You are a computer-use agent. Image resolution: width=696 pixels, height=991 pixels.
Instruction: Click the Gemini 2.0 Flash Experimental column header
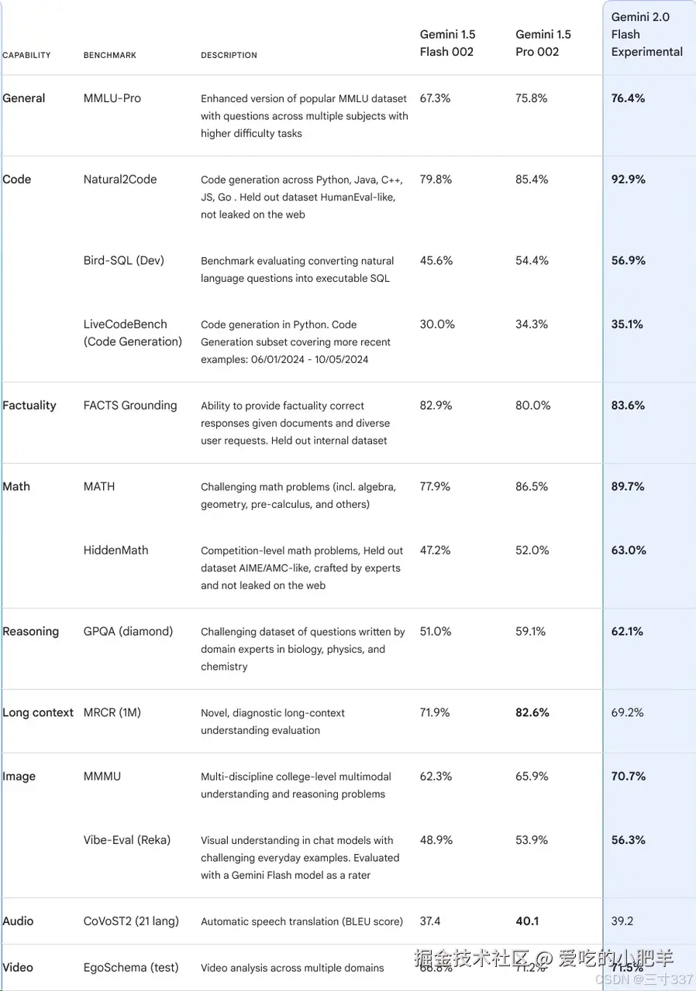click(646, 34)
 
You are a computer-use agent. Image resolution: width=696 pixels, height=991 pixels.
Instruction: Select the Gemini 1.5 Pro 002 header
click(543, 43)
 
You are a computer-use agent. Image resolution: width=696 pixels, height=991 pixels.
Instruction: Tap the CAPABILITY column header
click(26, 55)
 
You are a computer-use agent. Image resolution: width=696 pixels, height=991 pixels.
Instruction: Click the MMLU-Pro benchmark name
click(112, 98)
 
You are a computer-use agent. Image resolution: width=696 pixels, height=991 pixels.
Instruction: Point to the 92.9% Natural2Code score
click(628, 179)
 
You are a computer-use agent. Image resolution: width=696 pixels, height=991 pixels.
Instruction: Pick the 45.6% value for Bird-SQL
click(436, 260)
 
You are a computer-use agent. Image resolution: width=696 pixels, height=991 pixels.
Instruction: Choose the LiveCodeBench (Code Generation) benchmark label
click(133, 333)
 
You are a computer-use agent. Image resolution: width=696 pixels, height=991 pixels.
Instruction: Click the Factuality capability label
click(29, 405)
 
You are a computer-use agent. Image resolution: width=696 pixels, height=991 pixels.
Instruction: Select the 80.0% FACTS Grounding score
click(532, 405)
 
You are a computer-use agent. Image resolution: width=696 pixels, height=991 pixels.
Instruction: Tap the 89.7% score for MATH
click(628, 486)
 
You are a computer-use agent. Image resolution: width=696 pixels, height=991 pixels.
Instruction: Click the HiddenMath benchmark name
click(115, 550)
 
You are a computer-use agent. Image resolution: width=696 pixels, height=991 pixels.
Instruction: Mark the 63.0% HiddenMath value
click(628, 550)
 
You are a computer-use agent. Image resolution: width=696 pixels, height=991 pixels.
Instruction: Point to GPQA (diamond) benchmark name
click(128, 631)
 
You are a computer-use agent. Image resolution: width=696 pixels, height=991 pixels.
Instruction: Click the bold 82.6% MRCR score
click(532, 712)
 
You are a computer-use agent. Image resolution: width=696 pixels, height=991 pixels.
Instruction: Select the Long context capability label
click(38, 712)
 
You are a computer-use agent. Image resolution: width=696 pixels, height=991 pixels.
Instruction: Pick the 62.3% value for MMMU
click(436, 776)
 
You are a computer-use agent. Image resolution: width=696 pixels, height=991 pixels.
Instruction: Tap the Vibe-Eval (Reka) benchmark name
click(127, 839)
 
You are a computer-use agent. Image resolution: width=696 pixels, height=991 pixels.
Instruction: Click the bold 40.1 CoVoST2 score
click(527, 921)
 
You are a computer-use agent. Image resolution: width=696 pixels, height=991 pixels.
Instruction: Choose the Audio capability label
click(18, 921)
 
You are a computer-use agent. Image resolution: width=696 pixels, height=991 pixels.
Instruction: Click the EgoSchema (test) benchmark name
click(131, 967)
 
